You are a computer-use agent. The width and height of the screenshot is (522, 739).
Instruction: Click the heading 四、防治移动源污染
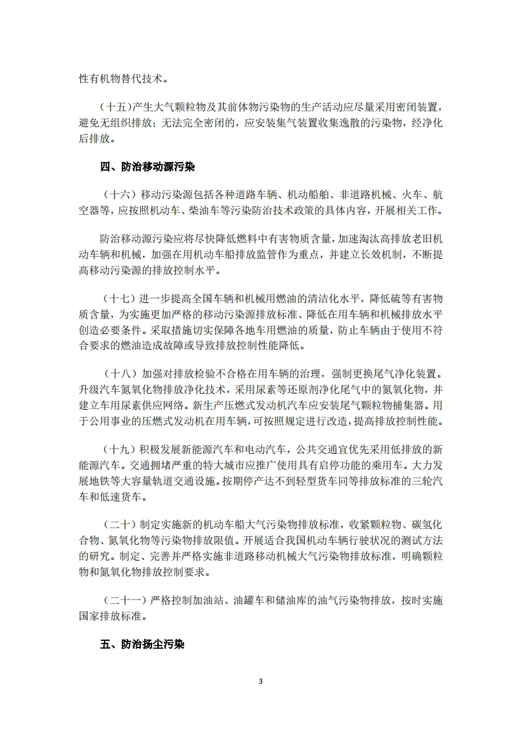(x=147, y=167)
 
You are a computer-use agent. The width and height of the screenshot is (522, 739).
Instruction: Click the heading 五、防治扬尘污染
(x=142, y=644)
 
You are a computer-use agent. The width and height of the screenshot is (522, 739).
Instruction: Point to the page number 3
(x=261, y=681)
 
